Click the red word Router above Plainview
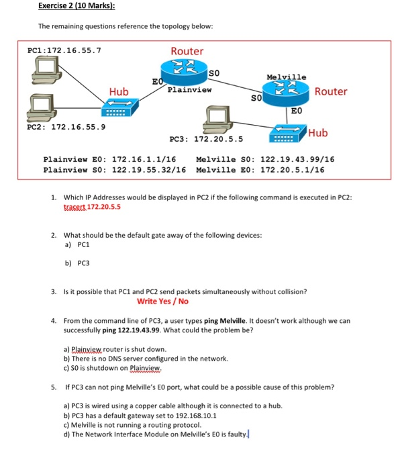tap(187, 51)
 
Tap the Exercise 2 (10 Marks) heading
tap(76, 6)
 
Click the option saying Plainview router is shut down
tap(114, 349)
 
